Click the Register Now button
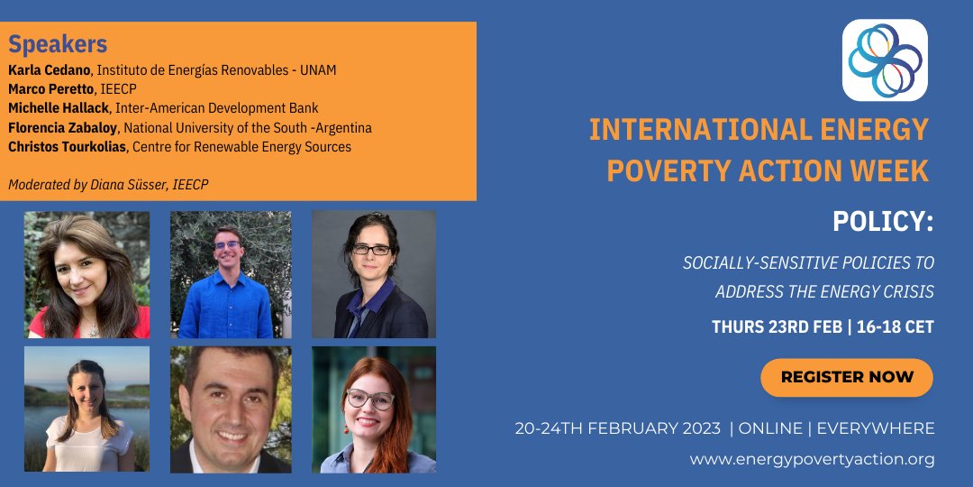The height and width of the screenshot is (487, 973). coord(846,377)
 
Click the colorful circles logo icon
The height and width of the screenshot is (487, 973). coord(884,60)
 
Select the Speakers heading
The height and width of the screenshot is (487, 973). coord(58,44)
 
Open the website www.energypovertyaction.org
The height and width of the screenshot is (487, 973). coord(812,459)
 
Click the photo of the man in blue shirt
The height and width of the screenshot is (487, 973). coord(231,274)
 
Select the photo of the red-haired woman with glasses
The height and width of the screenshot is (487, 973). coord(374,409)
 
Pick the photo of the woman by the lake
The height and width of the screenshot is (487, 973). coord(86,409)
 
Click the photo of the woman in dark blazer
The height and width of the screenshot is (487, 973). coord(374,274)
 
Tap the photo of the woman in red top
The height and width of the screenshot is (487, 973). coord(86,274)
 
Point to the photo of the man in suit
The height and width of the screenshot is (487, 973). coord(231,409)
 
